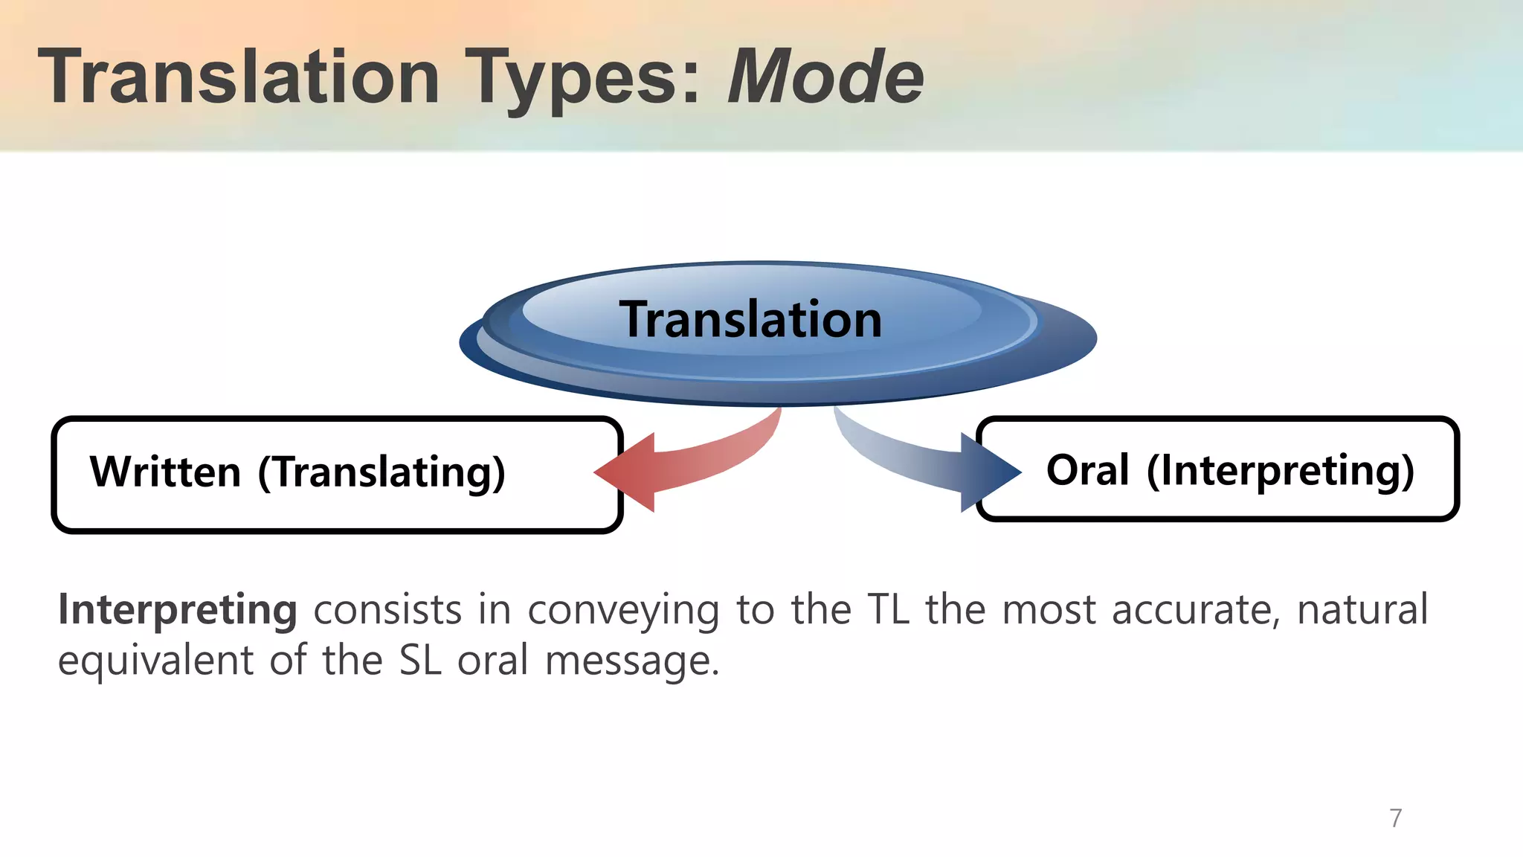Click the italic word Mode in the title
825,77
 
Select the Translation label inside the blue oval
750,320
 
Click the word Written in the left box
165,472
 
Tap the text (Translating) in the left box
381,472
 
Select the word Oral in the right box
1087,470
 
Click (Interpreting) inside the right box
1280,470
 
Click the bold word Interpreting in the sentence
177,610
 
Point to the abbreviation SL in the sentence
420,661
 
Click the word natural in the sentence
1362,610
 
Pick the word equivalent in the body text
155,661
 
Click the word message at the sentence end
631,661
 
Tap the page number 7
1395,818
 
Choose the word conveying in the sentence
623,610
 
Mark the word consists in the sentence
387,610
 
